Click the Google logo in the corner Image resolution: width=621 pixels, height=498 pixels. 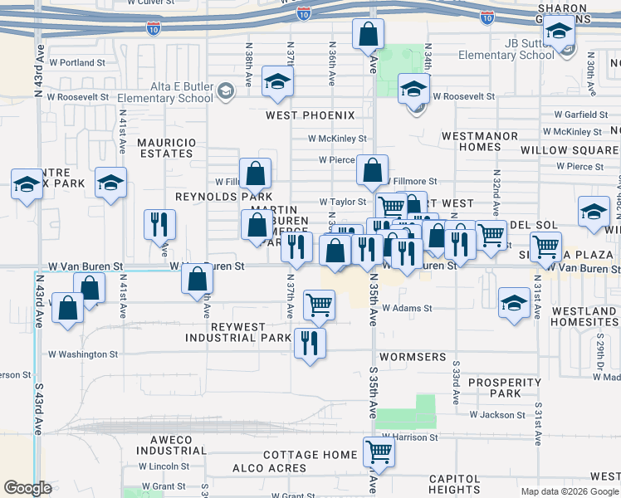point(27,488)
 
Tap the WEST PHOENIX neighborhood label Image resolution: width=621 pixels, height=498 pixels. point(310,115)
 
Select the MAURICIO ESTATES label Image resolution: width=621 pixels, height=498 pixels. point(167,148)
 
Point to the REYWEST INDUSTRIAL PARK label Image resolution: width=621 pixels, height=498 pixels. point(233,332)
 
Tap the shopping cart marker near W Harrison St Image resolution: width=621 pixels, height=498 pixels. point(379,452)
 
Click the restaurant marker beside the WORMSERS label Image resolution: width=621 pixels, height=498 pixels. point(310,343)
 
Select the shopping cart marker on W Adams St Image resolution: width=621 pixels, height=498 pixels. point(319,305)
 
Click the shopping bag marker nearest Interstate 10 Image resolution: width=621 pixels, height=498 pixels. point(368,35)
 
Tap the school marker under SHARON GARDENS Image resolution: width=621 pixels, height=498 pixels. point(560,33)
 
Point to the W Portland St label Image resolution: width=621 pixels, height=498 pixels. point(78,62)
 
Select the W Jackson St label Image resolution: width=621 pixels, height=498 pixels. point(497,414)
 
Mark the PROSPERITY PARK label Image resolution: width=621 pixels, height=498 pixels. point(505,388)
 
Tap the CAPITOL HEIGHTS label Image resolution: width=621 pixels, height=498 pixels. point(454,485)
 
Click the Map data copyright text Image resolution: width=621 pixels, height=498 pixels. point(569,491)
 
